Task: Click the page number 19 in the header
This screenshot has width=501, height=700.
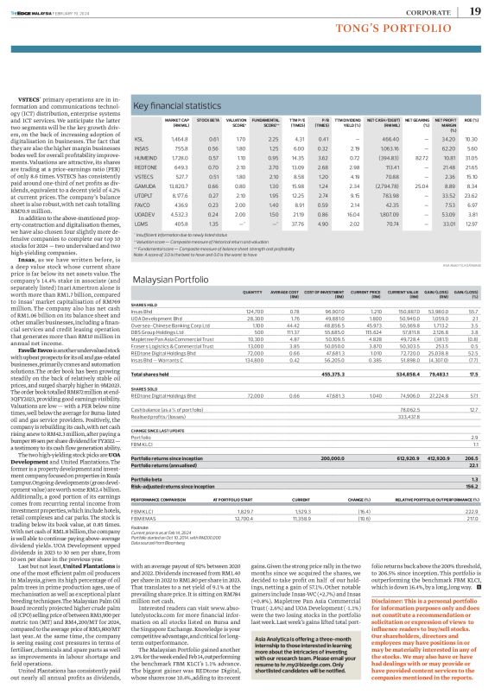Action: point(476,11)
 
